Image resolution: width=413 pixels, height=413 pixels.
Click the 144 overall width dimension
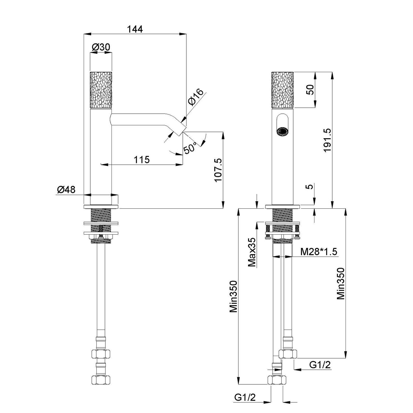[x=135, y=29]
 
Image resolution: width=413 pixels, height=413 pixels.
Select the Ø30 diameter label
[x=101, y=47]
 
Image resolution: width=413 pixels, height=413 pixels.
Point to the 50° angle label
[x=190, y=148]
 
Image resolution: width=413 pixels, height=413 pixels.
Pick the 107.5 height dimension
[x=218, y=170]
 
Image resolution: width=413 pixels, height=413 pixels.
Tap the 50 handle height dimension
[x=310, y=90]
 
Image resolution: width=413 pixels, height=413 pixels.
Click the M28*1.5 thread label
[x=319, y=252]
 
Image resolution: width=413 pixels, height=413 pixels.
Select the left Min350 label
[x=233, y=296]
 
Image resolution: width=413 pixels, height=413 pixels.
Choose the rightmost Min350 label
[x=341, y=283]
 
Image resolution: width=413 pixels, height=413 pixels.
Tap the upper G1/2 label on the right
[x=320, y=365]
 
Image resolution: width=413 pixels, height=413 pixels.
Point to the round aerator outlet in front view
[x=282, y=131]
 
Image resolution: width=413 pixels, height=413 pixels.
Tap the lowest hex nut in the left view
[x=100, y=380]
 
